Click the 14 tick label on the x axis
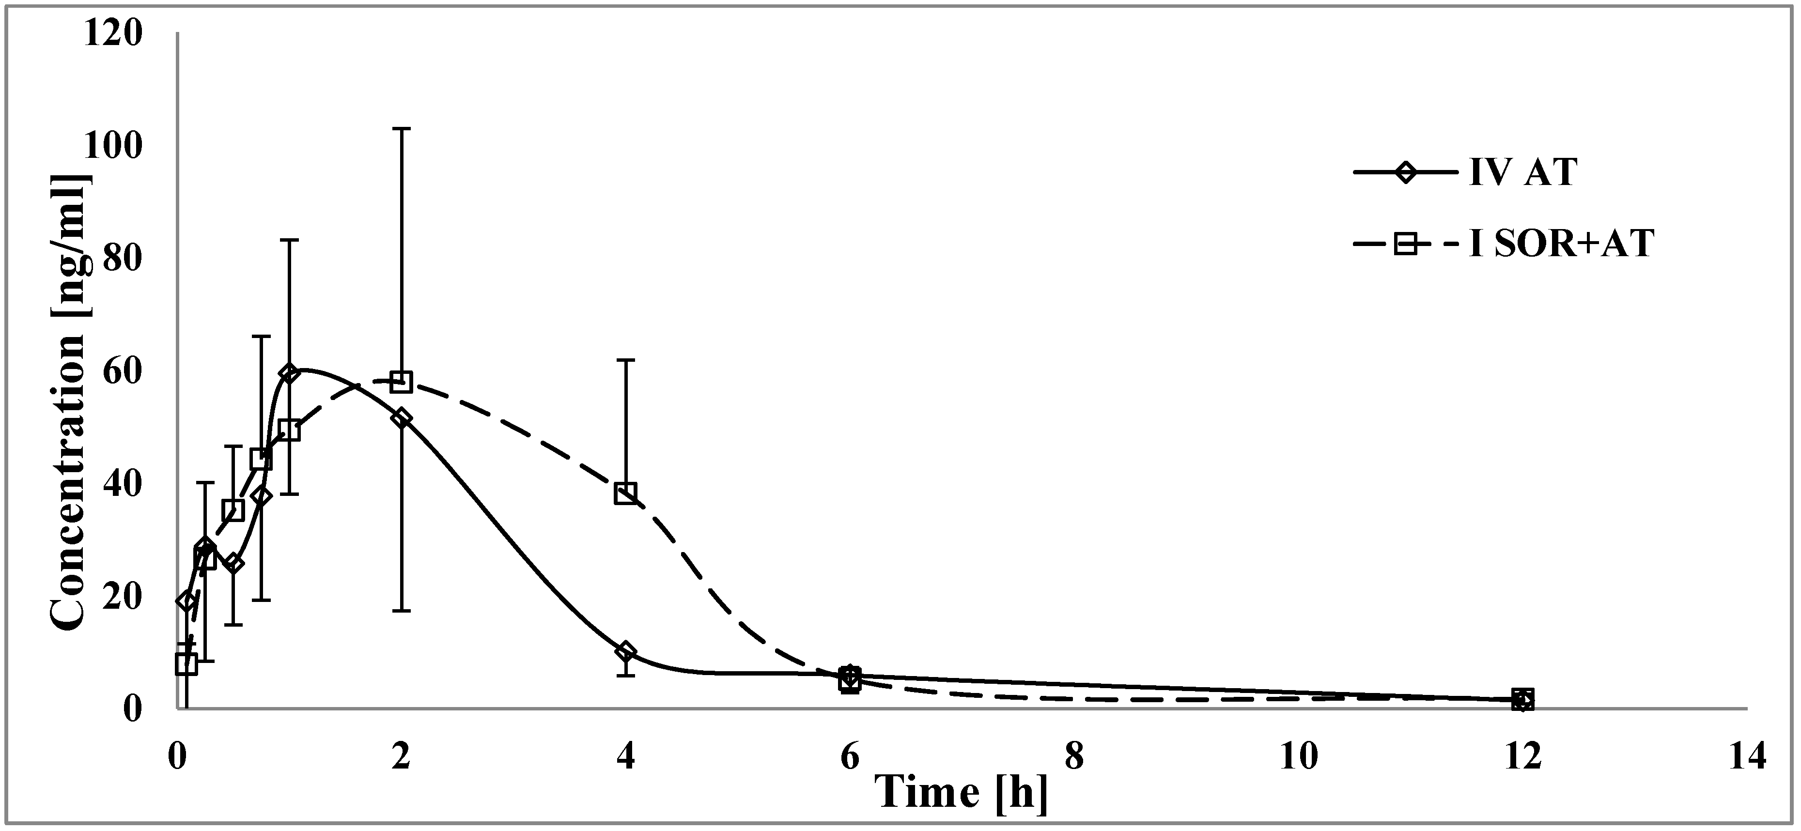(x=1746, y=756)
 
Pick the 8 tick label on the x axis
(x=1074, y=756)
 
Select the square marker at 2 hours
(x=401, y=382)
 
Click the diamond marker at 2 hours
(x=401, y=418)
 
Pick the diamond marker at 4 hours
(x=626, y=652)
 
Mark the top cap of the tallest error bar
(x=401, y=129)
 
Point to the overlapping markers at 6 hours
(x=850, y=678)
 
